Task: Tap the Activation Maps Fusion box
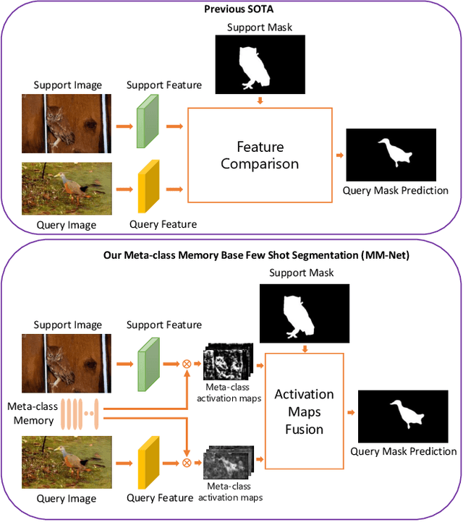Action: click(304, 411)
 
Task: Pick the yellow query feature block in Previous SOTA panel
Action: click(148, 187)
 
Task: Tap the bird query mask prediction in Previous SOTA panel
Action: click(391, 155)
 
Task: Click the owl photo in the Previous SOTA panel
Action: click(67, 124)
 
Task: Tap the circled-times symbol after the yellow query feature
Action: click(186, 462)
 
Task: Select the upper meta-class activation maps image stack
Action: click(227, 362)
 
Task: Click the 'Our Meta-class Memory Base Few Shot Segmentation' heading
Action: click(231, 254)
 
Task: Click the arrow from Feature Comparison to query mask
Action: click(338, 155)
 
